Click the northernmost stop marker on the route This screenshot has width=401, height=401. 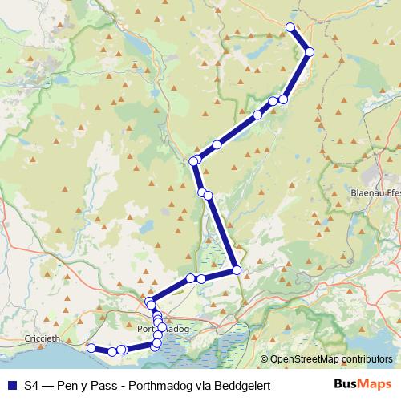coord(291,27)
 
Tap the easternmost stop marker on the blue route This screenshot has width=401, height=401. coord(310,52)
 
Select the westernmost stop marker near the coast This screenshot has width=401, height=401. coord(91,348)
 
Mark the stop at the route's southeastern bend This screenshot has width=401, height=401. coord(237,270)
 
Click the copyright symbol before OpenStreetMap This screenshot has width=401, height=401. coord(265,360)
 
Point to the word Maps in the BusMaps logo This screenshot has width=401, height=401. coord(372,385)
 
